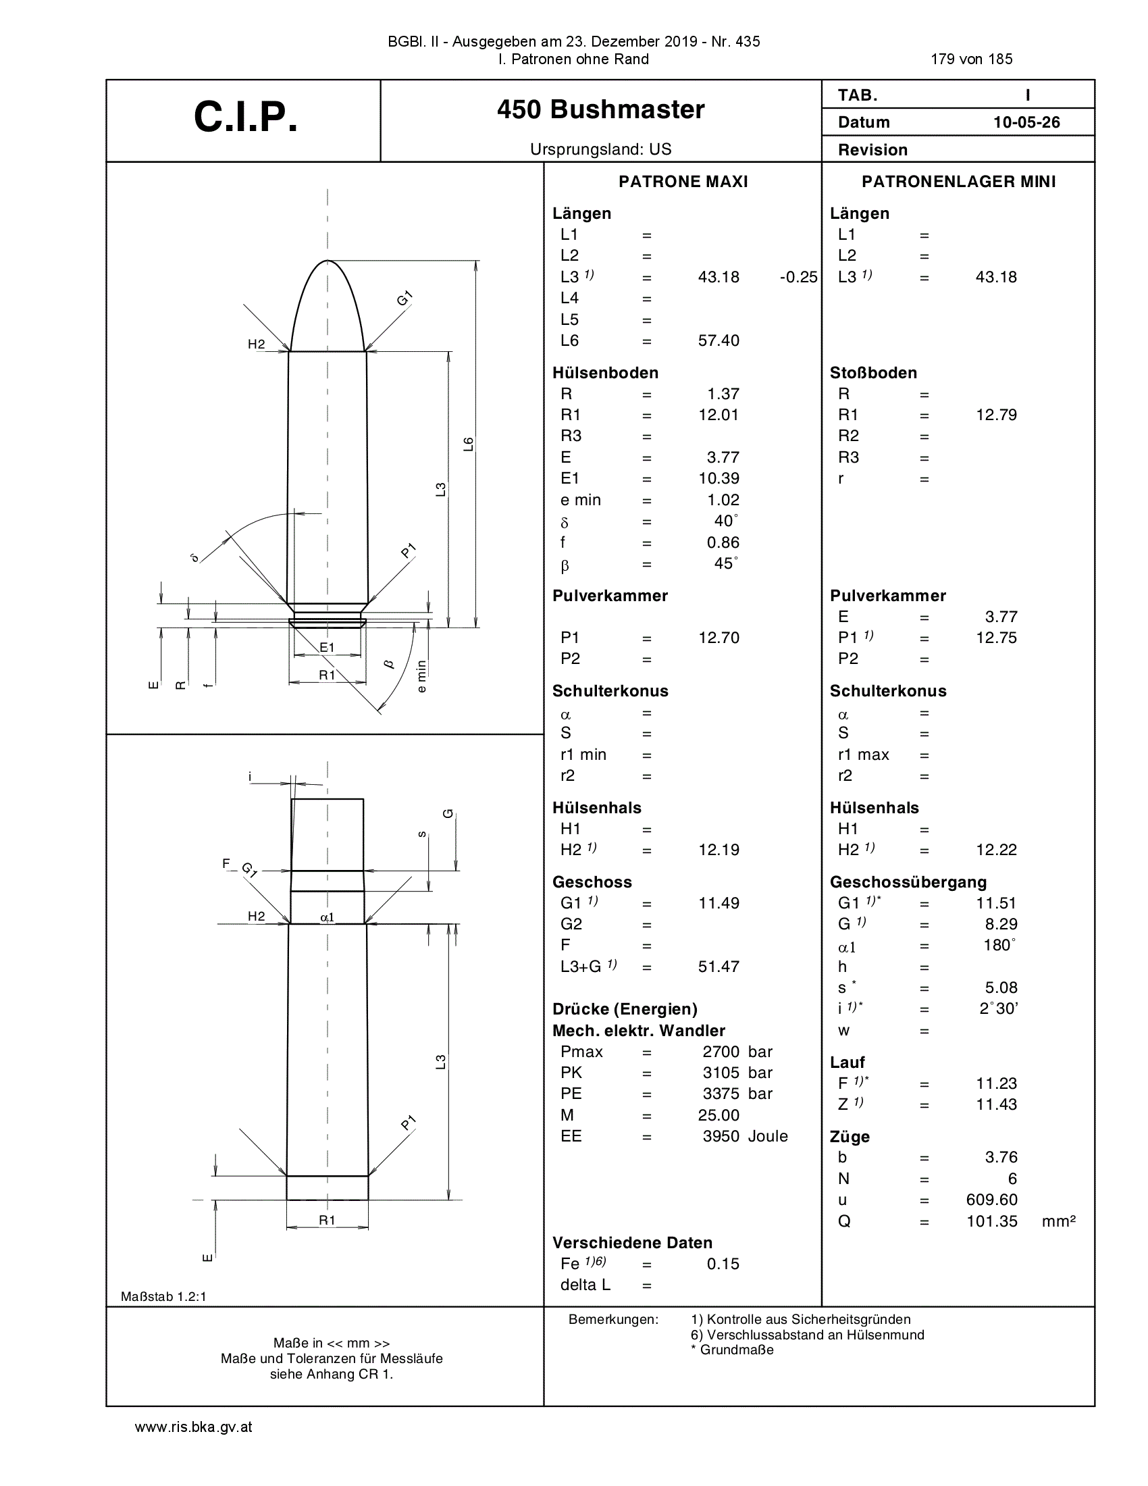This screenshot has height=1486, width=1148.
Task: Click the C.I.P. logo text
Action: [x=246, y=117]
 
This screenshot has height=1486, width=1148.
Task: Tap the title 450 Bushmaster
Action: [x=600, y=109]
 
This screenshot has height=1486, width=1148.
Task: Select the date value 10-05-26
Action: [x=1026, y=122]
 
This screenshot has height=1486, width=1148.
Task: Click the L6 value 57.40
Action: [x=719, y=340]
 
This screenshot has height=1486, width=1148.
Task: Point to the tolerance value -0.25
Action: [x=798, y=277]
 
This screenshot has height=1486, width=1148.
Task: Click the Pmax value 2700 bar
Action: [x=737, y=1052]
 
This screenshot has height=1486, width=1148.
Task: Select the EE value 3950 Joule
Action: [x=746, y=1136]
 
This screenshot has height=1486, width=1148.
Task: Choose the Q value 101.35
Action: [x=991, y=1221]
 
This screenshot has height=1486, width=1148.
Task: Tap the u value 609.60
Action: [x=991, y=1200]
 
